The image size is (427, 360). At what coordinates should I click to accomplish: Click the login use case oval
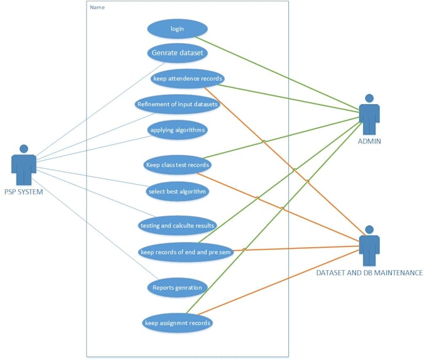pos(177,29)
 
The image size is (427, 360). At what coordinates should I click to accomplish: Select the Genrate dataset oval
pos(177,53)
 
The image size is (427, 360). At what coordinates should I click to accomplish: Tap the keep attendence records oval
pos(188,79)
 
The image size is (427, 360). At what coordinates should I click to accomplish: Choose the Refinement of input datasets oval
pos(178,104)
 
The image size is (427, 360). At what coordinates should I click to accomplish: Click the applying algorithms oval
pos(178,130)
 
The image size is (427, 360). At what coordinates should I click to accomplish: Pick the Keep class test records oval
pos(178,165)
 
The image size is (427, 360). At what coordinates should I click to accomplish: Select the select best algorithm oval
pos(176,191)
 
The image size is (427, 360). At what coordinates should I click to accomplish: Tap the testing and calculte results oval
pos(178,225)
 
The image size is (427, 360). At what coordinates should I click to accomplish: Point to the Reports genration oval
pos(178,288)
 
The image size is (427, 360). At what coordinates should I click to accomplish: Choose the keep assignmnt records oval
pos(178,323)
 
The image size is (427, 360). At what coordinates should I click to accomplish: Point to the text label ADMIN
pos(369,142)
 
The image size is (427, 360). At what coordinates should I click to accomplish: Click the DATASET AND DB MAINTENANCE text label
pos(369,273)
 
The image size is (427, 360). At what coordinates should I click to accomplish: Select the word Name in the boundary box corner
pos(97,8)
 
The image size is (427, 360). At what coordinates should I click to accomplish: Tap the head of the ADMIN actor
pos(369,99)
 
